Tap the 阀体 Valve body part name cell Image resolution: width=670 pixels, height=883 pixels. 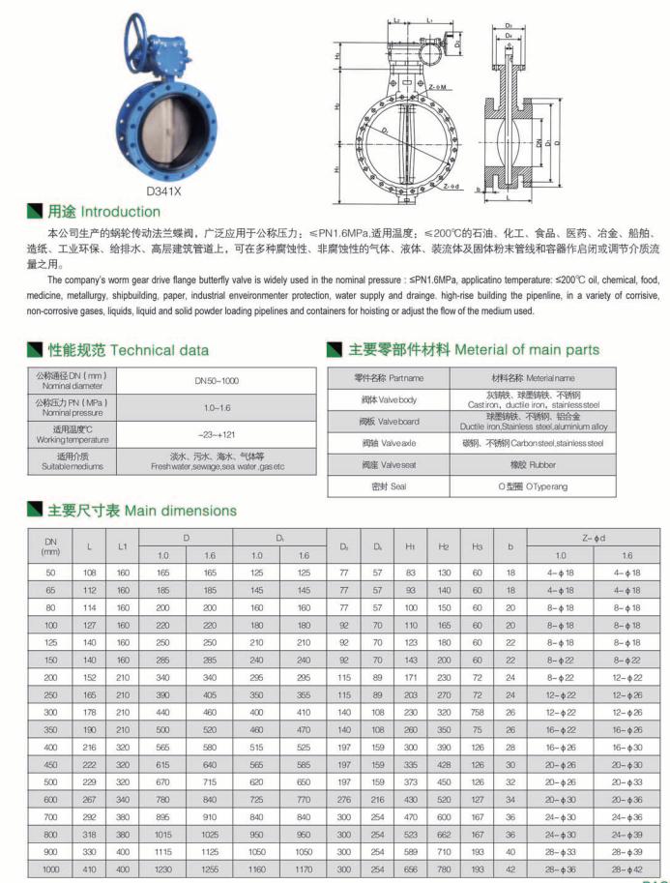[389, 399]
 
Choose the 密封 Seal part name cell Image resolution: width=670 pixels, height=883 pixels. [389, 486]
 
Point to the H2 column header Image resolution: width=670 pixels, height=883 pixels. [444, 546]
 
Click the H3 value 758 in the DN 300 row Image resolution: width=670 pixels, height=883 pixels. [477, 712]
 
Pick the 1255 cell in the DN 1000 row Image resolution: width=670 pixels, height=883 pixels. [210, 868]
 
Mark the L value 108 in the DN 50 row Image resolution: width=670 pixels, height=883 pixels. [89, 574]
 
